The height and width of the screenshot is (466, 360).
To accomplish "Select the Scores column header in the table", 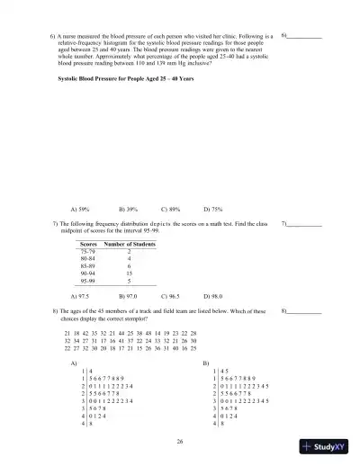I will (x=88, y=244).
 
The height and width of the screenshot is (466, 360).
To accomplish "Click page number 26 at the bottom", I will (x=180, y=441).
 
